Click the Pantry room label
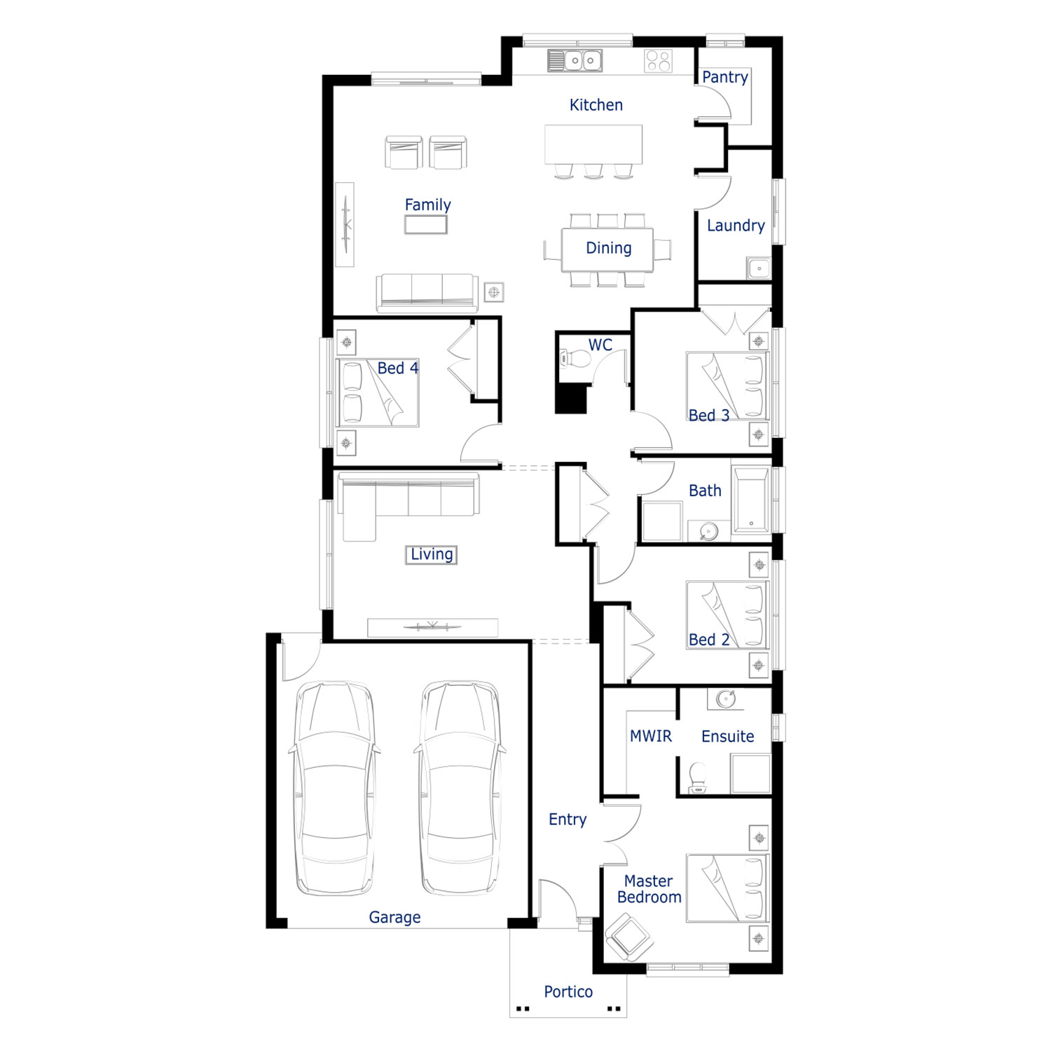click(725, 77)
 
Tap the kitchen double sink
click(575, 60)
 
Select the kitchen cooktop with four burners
click(659, 60)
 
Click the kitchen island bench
click(593, 144)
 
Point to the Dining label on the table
click(608, 248)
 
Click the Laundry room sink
click(759, 268)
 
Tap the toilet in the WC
click(575, 359)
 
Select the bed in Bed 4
click(378, 392)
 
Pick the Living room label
click(432, 554)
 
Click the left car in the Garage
click(334, 788)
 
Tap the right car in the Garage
click(460, 788)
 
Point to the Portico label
click(568, 991)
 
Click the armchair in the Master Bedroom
click(629, 936)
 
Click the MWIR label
click(650, 736)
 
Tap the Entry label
click(568, 820)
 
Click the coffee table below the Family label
click(426, 224)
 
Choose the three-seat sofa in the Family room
click(427, 293)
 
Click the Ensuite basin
click(725, 699)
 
